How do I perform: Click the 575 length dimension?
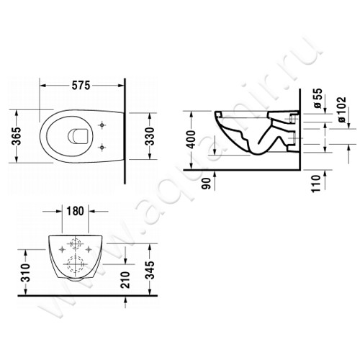[80, 86]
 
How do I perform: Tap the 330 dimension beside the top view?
[150, 136]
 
